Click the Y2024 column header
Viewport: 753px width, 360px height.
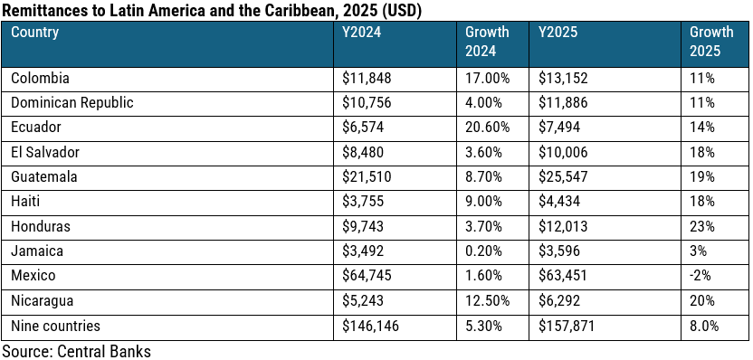tap(361, 33)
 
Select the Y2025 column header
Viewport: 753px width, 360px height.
tap(558, 33)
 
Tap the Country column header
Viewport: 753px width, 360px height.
tap(35, 33)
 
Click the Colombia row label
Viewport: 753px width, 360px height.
tap(40, 79)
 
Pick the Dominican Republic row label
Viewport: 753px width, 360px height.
tap(71, 103)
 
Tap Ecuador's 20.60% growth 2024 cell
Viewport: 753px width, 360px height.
tap(487, 128)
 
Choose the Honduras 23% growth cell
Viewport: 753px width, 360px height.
tap(701, 226)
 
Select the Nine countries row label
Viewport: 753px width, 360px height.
tap(54, 325)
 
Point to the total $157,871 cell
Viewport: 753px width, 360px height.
tap(566, 325)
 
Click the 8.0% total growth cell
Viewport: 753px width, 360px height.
tap(704, 325)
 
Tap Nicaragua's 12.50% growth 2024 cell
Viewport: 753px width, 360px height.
tap(487, 300)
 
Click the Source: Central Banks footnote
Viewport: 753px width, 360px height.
tap(76, 349)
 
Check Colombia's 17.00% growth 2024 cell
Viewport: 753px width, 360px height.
tap(487, 79)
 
